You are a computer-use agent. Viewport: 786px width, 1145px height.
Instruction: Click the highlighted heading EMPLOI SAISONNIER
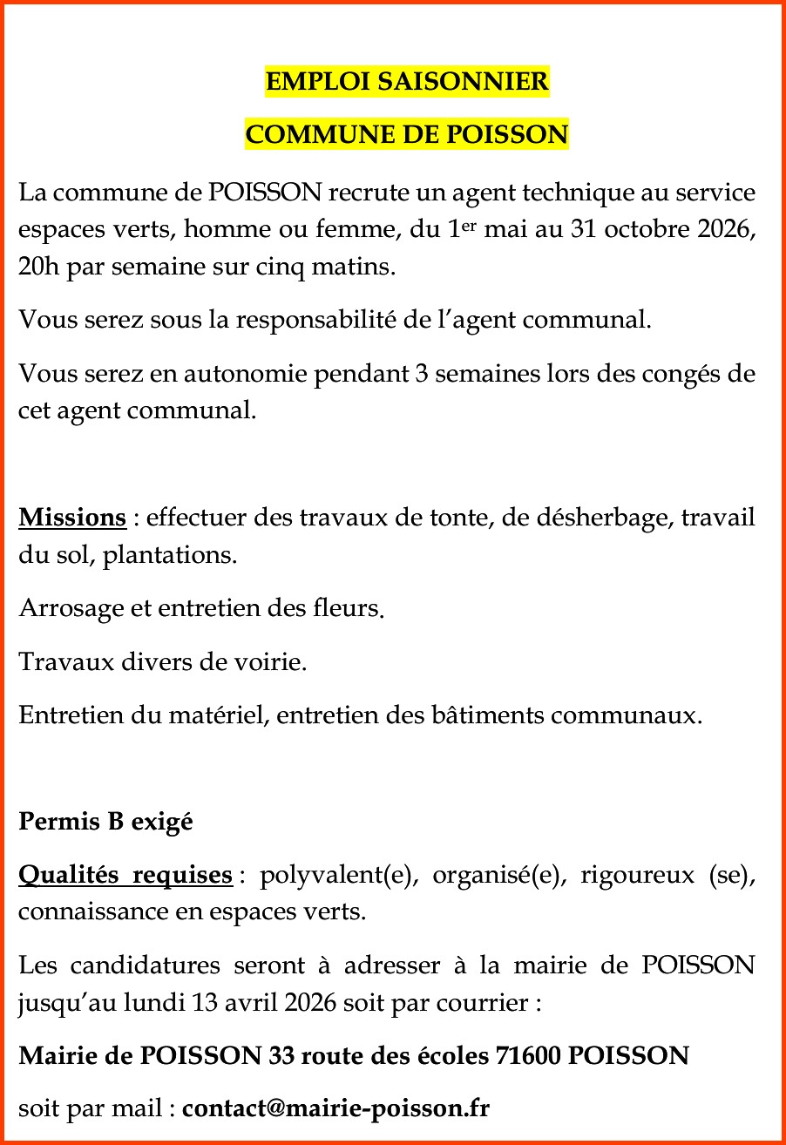click(407, 82)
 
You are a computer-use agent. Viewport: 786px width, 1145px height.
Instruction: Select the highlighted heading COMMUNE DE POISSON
click(407, 135)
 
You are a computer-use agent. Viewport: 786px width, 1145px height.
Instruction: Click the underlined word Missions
click(73, 518)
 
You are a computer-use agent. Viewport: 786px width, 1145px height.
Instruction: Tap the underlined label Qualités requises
click(125, 874)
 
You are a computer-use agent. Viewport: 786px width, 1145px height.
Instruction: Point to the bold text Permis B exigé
click(105, 821)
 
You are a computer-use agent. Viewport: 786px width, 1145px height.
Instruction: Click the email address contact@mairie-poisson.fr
click(335, 1108)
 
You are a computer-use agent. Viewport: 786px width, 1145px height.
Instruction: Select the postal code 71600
click(528, 1056)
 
